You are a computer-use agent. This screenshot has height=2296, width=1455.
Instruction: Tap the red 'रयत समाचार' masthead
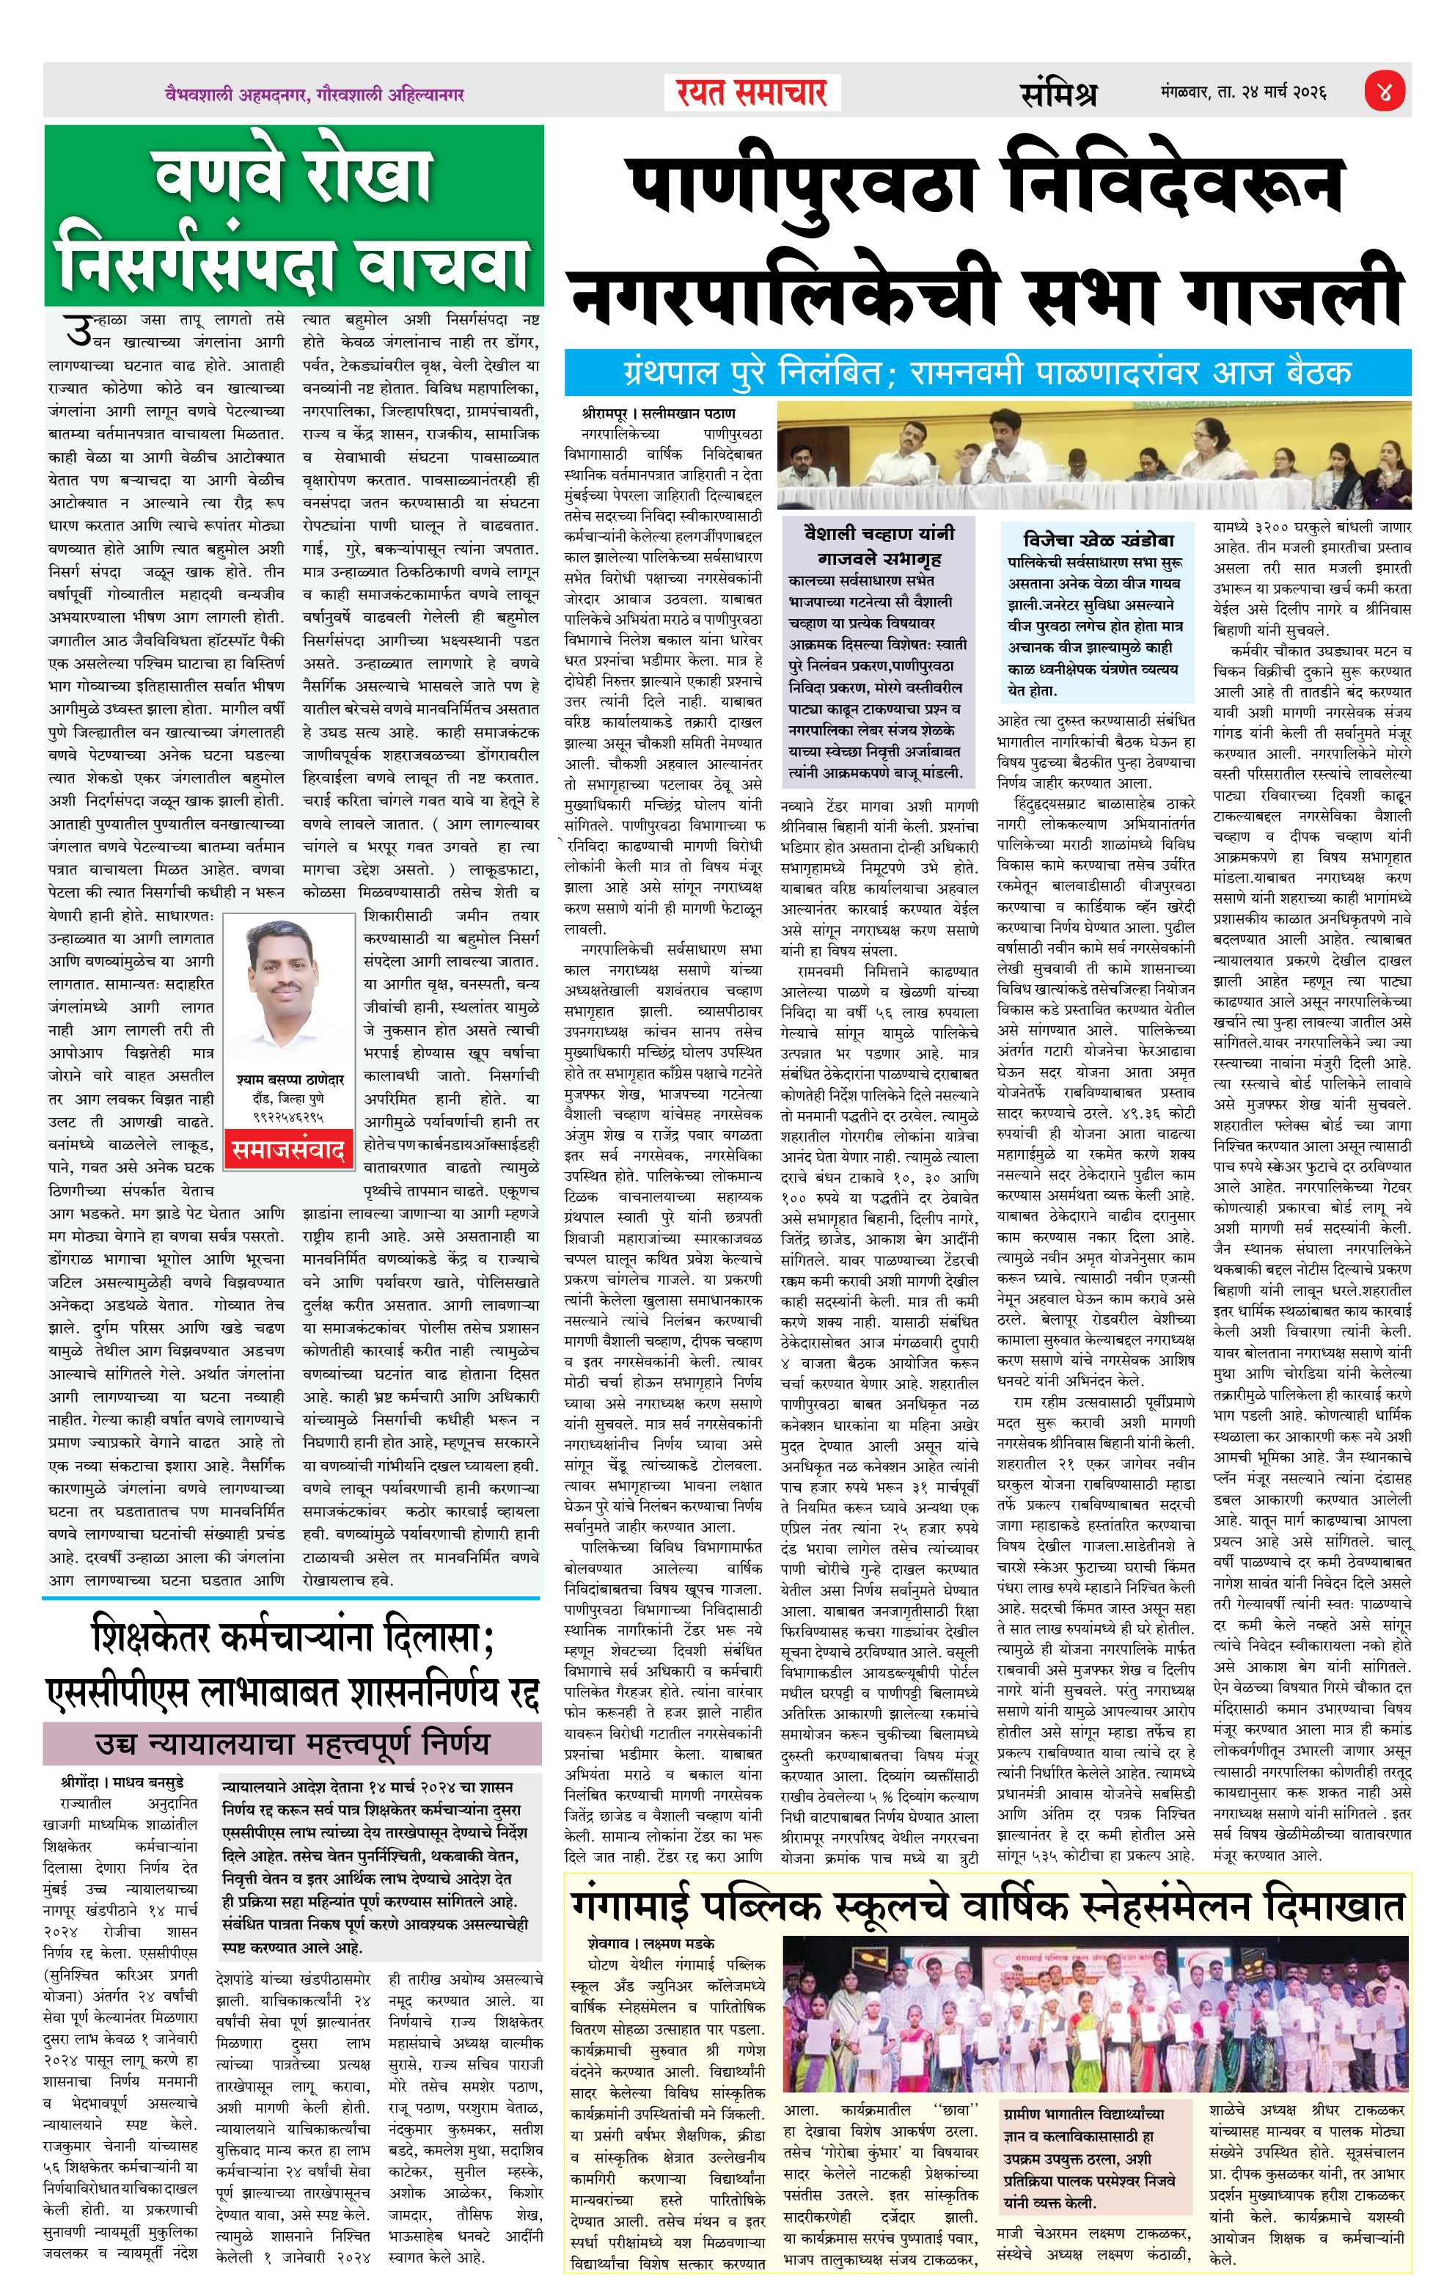[x=752, y=92]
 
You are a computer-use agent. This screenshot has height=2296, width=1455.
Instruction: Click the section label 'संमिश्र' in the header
[x=1058, y=93]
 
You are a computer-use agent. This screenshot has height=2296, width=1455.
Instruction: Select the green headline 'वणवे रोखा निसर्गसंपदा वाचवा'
[x=293, y=219]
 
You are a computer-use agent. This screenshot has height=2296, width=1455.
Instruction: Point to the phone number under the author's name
[x=288, y=1115]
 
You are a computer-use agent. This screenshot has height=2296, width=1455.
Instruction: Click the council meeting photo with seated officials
[x=1093, y=456]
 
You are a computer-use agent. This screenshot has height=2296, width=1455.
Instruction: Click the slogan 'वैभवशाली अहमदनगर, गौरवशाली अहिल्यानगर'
[x=314, y=93]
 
